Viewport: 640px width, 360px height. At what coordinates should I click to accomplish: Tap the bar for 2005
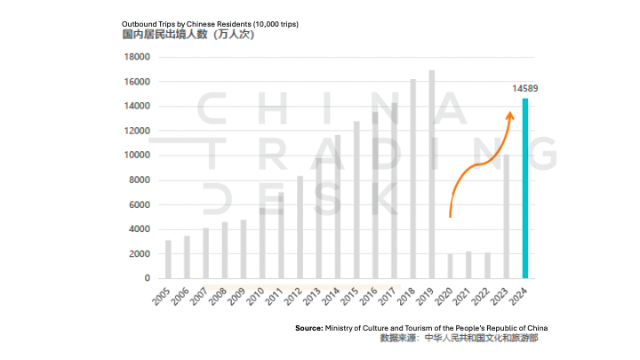(x=168, y=259)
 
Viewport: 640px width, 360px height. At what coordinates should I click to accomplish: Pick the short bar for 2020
(x=451, y=266)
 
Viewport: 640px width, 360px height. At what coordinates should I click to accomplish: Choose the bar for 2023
(x=506, y=217)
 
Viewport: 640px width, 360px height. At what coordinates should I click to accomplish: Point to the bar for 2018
(x=412, y=179)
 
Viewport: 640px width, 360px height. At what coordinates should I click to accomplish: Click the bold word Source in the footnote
(x=308, y=328)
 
